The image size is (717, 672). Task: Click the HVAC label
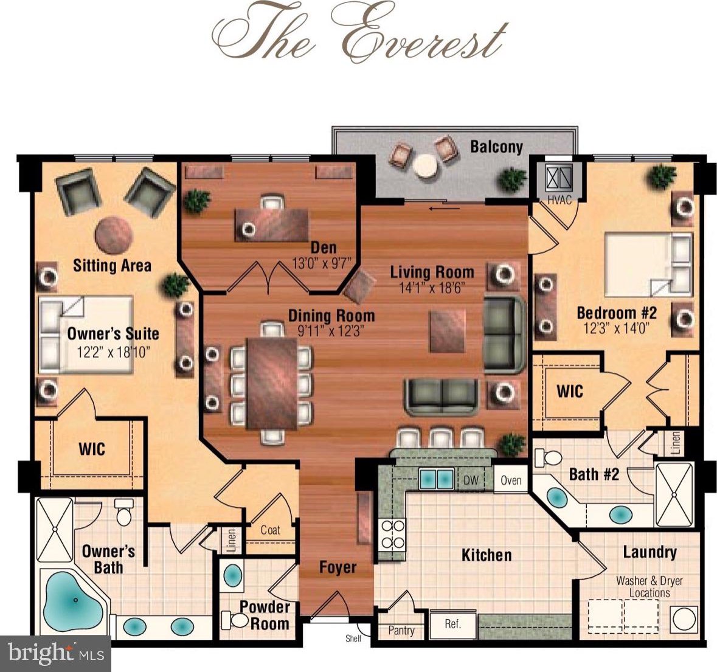click(559, 199)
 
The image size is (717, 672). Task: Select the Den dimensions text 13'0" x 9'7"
click(322, 263)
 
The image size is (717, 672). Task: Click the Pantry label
click(401, 631)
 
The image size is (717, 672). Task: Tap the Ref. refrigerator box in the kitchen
click(452, 623)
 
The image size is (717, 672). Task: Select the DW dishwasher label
click(471, 480)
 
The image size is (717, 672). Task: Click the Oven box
click(511, 480)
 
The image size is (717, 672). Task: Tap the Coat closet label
click(270, 530)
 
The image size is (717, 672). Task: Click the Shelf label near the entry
click(353, 638)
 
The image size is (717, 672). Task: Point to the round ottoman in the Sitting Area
click(114, 235)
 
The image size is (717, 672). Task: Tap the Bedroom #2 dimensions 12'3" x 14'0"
click(617, 328)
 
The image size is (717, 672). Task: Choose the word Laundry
click(649, 552)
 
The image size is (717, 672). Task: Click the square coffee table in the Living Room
click(447, 331)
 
